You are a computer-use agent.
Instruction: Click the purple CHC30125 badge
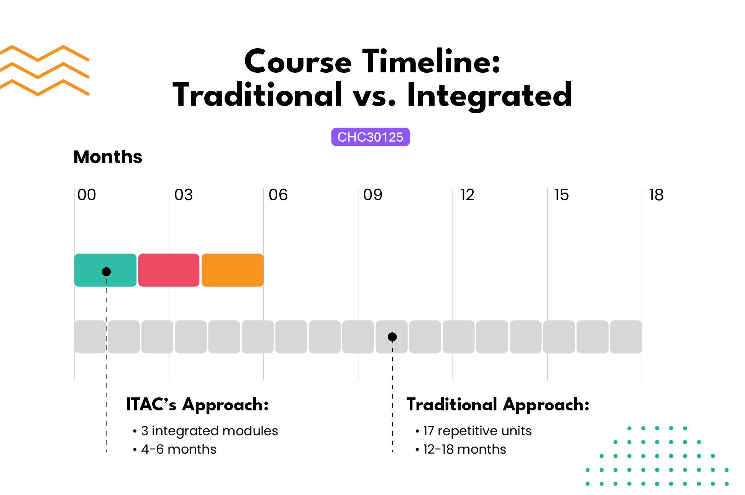370,137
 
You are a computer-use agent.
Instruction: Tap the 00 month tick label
87,195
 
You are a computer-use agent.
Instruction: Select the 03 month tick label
184,195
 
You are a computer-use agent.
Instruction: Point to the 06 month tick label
278,195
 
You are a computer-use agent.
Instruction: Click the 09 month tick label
372,195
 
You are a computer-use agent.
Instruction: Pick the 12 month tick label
467,195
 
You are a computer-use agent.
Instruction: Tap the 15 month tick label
561,195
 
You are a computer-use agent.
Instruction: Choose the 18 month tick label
656,195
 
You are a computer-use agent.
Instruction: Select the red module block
169,270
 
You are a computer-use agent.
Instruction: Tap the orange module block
232,270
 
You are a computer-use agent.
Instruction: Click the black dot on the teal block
106,271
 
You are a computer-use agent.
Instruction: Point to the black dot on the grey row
392,337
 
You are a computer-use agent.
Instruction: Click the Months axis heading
108,157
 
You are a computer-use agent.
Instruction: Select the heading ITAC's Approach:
197,405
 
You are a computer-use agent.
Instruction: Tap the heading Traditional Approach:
498,405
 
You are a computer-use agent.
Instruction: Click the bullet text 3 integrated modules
209,431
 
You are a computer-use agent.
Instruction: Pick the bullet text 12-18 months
464,449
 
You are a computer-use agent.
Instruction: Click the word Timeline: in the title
431,62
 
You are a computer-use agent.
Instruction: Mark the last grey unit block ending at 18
626,337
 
